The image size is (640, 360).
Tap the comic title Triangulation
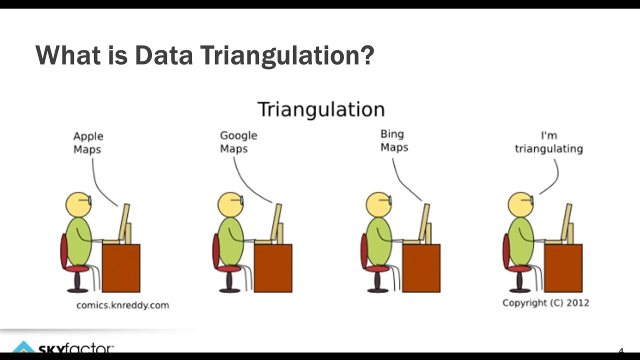[321, 109]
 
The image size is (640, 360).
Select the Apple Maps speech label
[88, 142]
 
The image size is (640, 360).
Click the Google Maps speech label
[238, 142]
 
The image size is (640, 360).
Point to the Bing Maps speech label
[394, 140]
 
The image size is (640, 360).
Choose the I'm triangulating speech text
[548, 142]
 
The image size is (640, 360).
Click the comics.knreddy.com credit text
[122, 305]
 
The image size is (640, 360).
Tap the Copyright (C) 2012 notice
[545, 302]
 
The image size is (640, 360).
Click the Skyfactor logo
[65, 348]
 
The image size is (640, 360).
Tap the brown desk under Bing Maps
[421, 267]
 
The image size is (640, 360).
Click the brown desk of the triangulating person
[563, 267]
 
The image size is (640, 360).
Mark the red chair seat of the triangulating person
[519, 269]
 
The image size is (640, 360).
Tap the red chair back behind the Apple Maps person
[64, 250]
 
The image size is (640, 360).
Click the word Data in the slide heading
[163, 55]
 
